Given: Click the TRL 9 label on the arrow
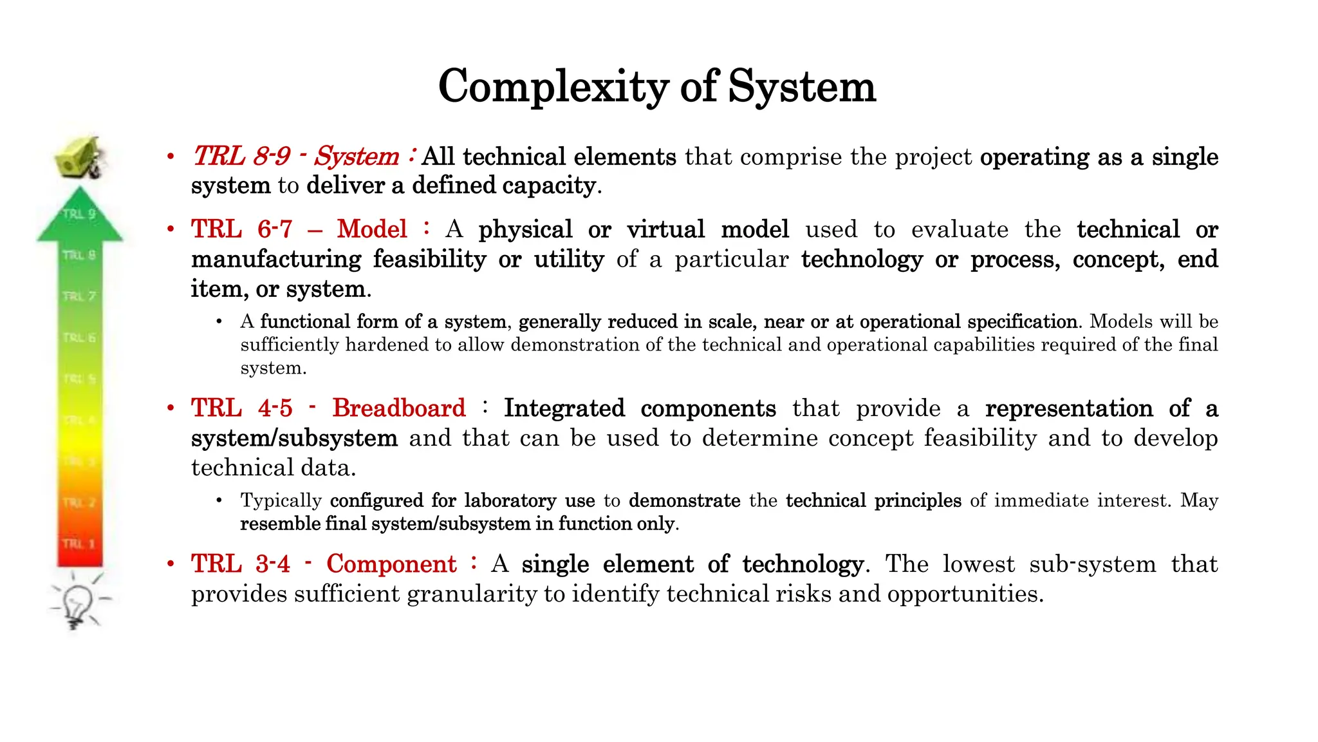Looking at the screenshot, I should point(79,214).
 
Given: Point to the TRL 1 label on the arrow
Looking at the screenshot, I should point(79,544).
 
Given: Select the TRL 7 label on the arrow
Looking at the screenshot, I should point(79,296).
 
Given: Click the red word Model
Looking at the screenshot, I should point(372,229).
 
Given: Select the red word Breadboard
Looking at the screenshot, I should point(399,408).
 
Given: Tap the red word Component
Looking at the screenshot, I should point(391,564).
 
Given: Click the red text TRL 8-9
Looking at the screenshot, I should point(241,157).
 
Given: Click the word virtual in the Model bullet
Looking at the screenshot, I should point(665,230).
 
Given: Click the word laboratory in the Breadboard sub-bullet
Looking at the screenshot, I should point(510,500).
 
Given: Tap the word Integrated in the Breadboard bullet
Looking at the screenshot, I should point(564,408).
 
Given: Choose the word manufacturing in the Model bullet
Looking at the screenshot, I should point(276,260).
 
